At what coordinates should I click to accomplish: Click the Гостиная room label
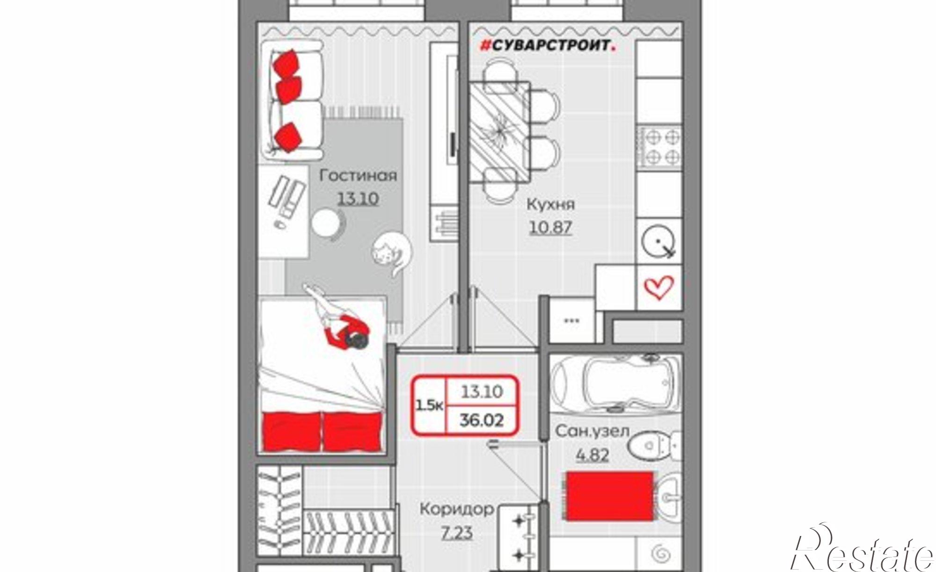click(x=358, y=176)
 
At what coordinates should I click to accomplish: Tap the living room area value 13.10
click(x=358, y=199)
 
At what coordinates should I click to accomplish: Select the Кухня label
click(x=551, y=204)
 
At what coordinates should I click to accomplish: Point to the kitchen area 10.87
click(x=551, y=227)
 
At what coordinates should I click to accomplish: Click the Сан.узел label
click(x=592, y=431)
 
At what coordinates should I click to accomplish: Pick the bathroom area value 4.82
click(x=592, y=454)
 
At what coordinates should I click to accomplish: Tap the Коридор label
click(x=457, y=509)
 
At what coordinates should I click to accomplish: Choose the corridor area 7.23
click(x=457, y=532)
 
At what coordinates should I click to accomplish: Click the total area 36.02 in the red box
click(x=482, y=420)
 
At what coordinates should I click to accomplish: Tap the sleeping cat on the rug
click(x=392, y=254)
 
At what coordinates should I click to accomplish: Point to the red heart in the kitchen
click(x=659, y=287)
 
